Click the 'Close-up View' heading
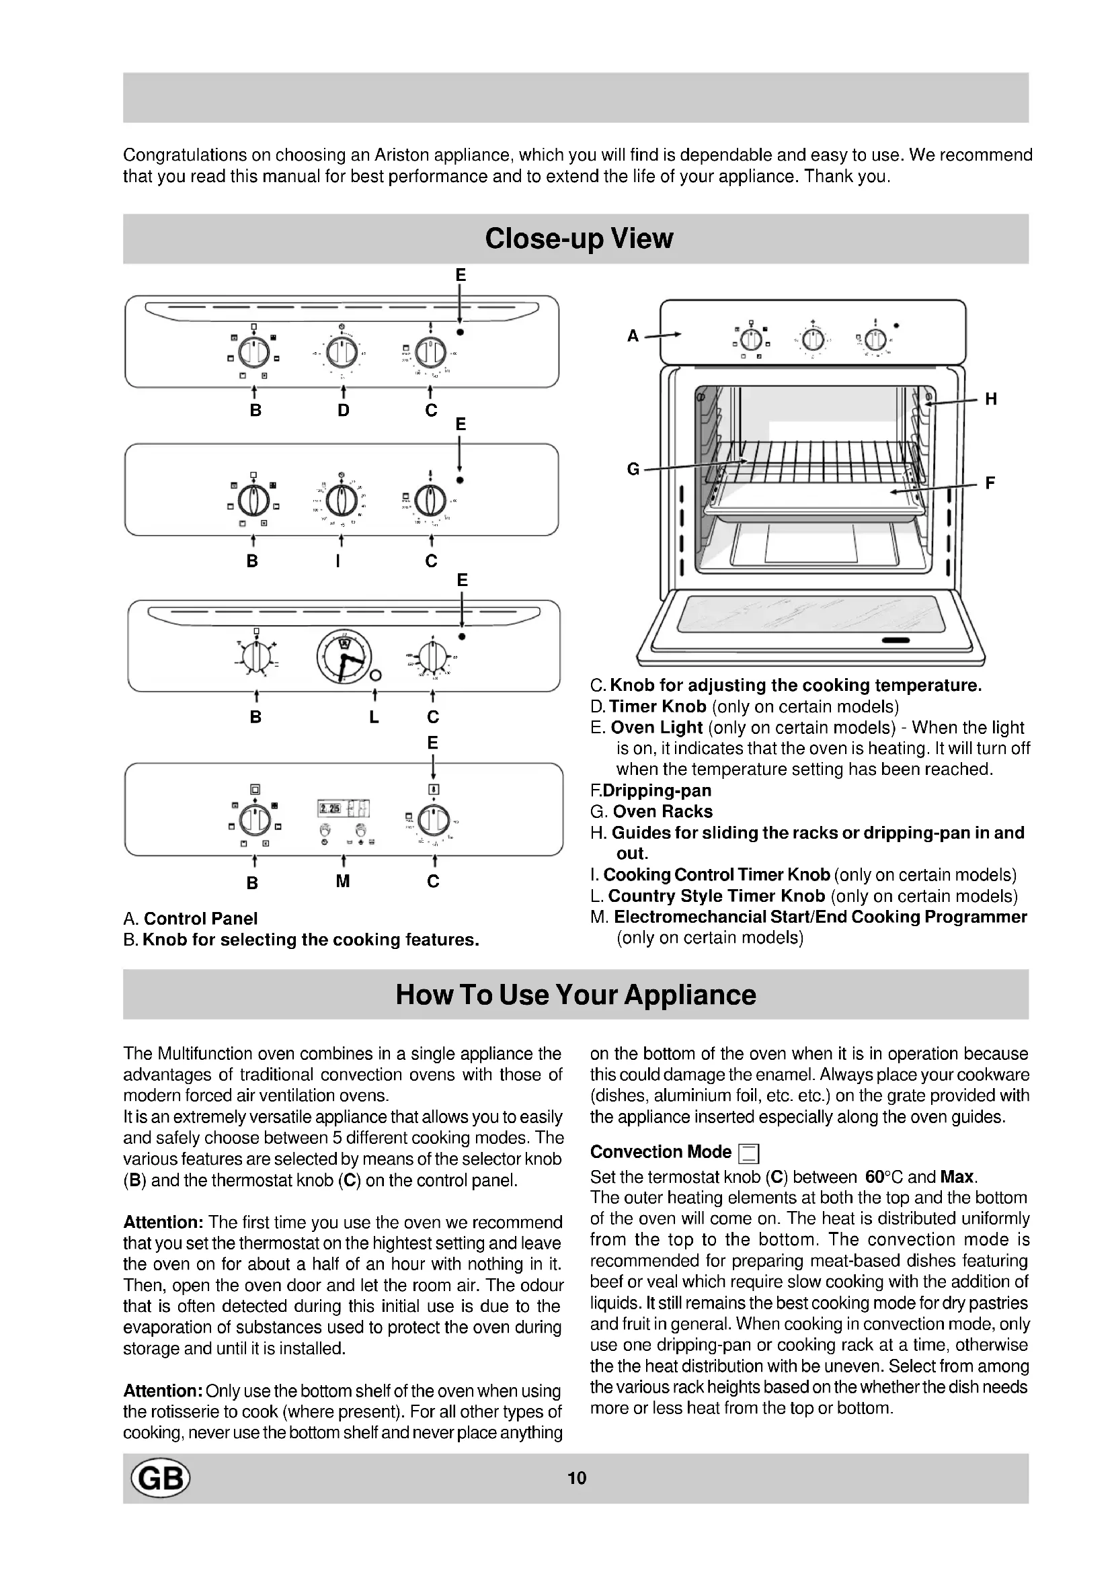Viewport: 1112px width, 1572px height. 579,239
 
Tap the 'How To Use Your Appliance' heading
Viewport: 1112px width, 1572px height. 576,994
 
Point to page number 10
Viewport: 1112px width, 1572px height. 577,1478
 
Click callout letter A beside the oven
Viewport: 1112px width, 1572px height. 633,335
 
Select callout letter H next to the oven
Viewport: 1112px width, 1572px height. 991,399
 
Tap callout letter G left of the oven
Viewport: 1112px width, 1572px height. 633,469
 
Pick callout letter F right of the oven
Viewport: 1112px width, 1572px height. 990,483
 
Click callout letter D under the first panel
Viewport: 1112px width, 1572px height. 343,410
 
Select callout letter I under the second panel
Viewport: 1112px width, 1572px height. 337,561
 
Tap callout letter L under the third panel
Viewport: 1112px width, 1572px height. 374,717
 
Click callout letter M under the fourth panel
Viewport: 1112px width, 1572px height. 342,881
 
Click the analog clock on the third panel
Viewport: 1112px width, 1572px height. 344,656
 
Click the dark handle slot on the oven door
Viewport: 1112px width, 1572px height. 896,640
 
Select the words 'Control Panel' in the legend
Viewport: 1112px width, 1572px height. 200,918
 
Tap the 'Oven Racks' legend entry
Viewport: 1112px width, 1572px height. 662,811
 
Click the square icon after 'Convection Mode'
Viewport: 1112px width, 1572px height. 749,1154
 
